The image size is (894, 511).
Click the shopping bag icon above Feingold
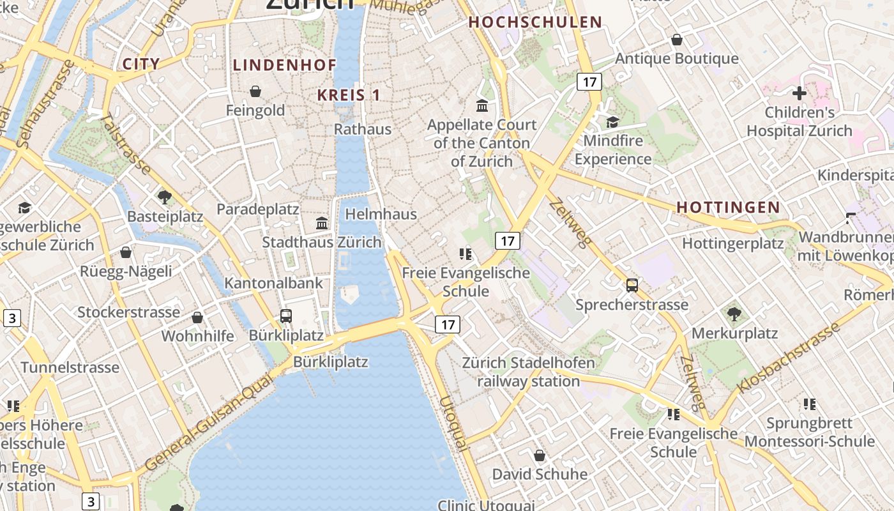[x=255, y=91]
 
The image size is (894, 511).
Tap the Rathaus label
[x=363, y=129]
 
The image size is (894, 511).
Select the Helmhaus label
[x=381, y=214]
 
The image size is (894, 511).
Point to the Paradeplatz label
[x=258, y=209]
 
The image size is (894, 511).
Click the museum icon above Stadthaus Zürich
[x=322, y=224]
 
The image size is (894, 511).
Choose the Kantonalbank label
[x=273, y=283]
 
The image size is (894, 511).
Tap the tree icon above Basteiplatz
[x=165, y=197]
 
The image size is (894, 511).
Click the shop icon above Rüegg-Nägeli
[x=126, y=252]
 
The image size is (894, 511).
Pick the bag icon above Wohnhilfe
[x=198, y=317]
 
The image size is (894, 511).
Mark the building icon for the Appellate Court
[x=482, y=105]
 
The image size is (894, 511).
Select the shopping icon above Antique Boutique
[x=677, y=40]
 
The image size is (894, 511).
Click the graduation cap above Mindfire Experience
[x=613, y=121]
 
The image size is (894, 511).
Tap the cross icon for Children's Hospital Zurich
[x=799, y=93]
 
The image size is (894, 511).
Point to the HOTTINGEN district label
[x=728, y=207]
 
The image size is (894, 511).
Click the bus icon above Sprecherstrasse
[x=632, y=286]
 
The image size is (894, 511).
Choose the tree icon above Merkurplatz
[x=734, y=314]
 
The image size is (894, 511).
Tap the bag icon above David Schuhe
[x=540, y=455]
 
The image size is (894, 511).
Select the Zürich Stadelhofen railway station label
[x=529, y=372]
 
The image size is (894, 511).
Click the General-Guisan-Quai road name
[x=209, y=423]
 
